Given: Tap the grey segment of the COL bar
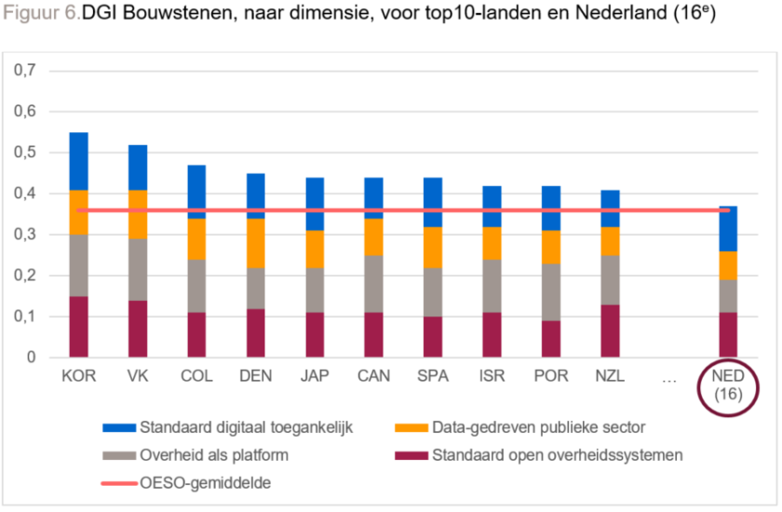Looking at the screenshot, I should pyautogui.click(x=196, y=286).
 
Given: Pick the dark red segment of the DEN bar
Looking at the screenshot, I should pyautogui.click(x=256, y=332).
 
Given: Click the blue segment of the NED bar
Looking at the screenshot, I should pyautogui.click(x=728, y=229).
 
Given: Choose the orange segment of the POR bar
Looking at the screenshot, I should pyautogui.click(x=551, y=247).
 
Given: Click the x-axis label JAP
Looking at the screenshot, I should pyautogui.click(x=315, y=377).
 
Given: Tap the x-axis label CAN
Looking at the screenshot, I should pyautogui.click(x=374, y=377).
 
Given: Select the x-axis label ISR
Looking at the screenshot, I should pyautogui.click(x=492, y=377).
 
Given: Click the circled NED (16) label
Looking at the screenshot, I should pyautogui.click(x=728, y=385).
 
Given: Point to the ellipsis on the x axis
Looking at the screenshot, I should pyautogui.click(x=668, y=377).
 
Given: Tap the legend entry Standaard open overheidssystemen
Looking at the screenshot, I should pyautogui.click(x=557, y=456).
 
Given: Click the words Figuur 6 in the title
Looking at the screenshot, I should pyautogui.click(x=41, y=18).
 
